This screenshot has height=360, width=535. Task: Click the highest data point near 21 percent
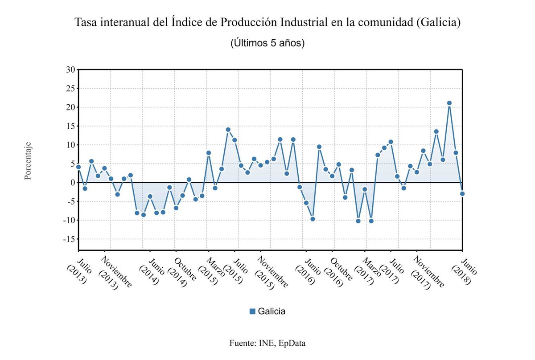point(449,103)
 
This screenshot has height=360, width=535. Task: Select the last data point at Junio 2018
point(462,193)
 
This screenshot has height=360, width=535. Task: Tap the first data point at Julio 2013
point(78,167)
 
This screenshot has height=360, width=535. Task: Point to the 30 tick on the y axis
point(70,70)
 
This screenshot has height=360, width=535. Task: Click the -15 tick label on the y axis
point(69,239)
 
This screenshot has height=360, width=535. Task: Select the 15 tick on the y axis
point(70,126)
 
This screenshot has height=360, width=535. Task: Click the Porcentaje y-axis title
point(28,161)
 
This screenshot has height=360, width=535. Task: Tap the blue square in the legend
point(252,311)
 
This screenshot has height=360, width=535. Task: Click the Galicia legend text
point(272,311)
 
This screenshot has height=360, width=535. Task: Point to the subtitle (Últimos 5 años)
point(267,43)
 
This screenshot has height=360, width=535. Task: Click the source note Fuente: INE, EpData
point(267,343)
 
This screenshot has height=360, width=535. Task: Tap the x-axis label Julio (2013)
point(79,270)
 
